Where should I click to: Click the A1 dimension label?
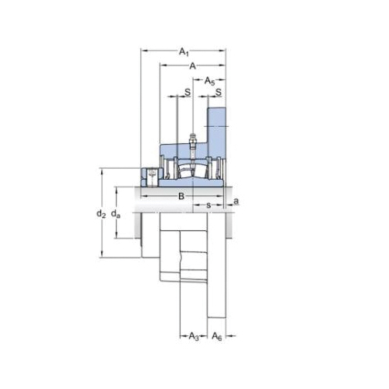coord(184,52)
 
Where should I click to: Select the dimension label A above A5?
coord(192,66)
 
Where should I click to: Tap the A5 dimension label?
coord(210,81)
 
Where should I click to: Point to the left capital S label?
coord(187,92)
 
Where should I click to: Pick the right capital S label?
coord(219,92)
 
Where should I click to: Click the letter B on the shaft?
coord(181,196)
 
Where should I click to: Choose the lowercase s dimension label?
coord(209,205)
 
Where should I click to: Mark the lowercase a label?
coord(237,201)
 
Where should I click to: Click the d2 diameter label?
coord(101,214)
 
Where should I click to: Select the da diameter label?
coord(116,214)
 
